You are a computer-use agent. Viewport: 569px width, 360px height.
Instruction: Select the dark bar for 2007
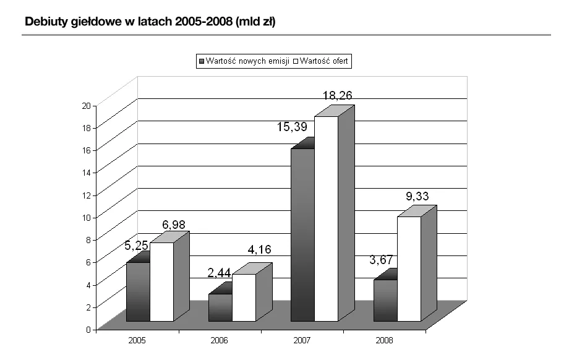tap(302, 234)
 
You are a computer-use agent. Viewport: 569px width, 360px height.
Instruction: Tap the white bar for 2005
tap(161, 281)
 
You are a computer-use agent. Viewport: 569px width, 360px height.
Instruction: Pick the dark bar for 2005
tap(138, 291)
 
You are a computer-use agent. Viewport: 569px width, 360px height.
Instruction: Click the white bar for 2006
tap(244, 297)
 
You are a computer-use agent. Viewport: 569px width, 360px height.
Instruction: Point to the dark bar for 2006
tap(220, 307)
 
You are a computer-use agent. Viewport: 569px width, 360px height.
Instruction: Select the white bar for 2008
tap(409, 268)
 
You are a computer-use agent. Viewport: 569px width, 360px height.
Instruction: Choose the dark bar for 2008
tap(385, 300)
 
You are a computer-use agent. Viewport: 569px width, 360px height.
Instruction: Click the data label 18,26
tap(338, 96)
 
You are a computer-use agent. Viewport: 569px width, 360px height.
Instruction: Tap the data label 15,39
tap(291, 127)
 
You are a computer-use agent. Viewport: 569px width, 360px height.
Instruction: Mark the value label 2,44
tap(219, 273)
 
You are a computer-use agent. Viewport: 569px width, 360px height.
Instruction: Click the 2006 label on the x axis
tap(220, 341)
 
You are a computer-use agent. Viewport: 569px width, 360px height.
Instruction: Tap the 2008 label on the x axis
tap(384, 341)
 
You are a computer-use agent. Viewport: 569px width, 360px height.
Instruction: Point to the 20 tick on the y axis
tap(86, 105)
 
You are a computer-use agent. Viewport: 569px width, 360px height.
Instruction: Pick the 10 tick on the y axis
tap(86, 217)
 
